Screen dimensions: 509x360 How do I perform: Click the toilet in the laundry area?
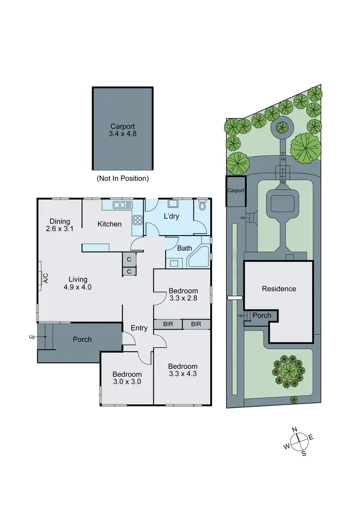202,206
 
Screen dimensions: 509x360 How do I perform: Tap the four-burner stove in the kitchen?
137,220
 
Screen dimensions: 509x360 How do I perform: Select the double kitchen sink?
122,205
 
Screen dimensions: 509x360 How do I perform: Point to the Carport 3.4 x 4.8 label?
122,130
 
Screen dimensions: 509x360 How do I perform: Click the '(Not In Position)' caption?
123,178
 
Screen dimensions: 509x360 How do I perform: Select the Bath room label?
184,249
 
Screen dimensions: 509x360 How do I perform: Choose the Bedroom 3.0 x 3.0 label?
127,379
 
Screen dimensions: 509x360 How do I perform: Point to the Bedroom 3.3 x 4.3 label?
183,370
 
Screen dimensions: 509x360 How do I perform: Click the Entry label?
139,328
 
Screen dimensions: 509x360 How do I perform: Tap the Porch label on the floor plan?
82,339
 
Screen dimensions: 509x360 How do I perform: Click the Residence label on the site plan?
279,289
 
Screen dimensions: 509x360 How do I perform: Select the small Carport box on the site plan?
236,190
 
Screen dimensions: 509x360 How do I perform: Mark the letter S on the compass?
304,454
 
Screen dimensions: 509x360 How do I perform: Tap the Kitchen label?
109,224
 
